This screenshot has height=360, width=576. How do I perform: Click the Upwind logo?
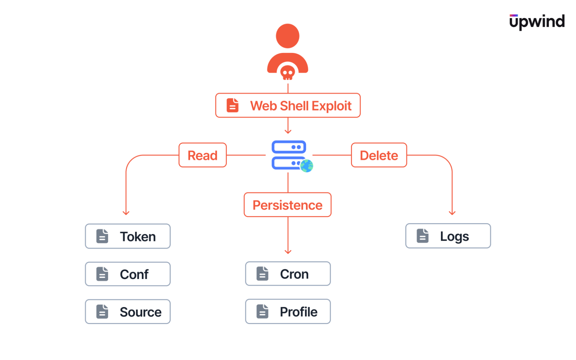click(x=537, y=22)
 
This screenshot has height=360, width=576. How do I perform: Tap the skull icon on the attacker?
click(x=288, y=73)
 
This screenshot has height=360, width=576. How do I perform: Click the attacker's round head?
click(x=288, y=36)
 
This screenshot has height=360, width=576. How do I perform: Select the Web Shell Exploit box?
click(x=288, y=105)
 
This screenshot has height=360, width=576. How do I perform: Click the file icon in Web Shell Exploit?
click(x=232, y=105)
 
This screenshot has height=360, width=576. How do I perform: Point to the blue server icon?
click(x=289, y=155)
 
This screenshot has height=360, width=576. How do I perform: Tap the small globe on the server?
click(x=306, y=165)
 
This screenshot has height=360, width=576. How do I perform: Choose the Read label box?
click(x=202, y=155)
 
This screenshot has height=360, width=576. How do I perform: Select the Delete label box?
click(x=379, y=155)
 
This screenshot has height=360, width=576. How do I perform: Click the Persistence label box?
click(x=288, y=205)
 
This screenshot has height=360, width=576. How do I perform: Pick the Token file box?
click(x=127, y=236)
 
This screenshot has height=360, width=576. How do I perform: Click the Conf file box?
click(x=127, y=274)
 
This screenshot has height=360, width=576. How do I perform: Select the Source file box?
click(x=127, y=312)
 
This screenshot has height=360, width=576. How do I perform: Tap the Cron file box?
click(x=288, y=274)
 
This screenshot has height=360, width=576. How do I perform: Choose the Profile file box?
click(x=288, y=311)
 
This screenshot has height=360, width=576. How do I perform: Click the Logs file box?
click(x=448, y=236)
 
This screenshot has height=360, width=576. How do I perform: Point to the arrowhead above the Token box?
click(x=126, y=213)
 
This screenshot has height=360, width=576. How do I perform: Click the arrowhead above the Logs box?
click(x=452, y=213)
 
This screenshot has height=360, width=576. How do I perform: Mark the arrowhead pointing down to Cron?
click(x=288, y=252)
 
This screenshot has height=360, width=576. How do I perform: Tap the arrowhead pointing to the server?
click(x=288, y=131)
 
